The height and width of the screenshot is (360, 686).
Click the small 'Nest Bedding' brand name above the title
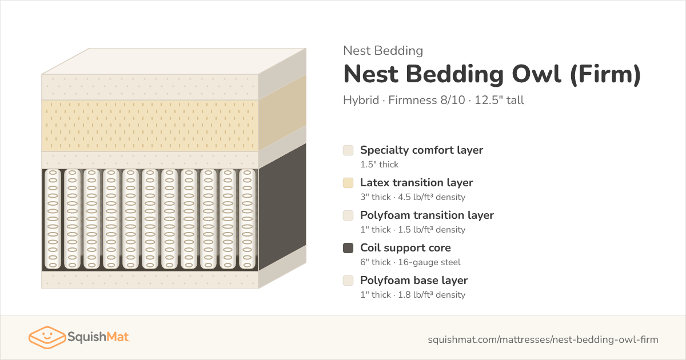[x=383, y=51]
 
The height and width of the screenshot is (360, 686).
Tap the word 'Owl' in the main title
[x=537, y=74]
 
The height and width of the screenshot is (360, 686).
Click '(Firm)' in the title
[x=605, y=74]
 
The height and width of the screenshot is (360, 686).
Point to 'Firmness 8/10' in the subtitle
[x=426, y=100]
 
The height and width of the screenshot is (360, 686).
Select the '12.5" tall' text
[x=499, y=100]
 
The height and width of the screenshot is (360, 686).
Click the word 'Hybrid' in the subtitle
[x=361, y=101]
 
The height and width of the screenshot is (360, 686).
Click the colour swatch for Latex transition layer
[x=348, y=183]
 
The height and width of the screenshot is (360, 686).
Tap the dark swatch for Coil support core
[x=348, y=248]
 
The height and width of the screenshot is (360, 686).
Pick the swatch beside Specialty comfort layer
[x=348, y=150]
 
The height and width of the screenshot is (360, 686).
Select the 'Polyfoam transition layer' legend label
[x=427, y=215]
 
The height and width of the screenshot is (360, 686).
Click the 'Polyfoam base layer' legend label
[x=414, y=281]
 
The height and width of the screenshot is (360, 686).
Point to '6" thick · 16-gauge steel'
[x=410, y=262]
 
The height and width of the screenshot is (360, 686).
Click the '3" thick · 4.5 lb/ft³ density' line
[x=413, y=197]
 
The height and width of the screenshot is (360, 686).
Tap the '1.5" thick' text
[x=379, y=165]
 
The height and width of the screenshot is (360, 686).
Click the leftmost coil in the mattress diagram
[x=53, y=219]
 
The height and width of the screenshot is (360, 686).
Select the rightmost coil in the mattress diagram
[x=247, y=219]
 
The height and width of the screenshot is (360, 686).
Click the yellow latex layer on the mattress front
[x=150, y=126]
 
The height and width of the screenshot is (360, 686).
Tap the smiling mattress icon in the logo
[x=47, y=337]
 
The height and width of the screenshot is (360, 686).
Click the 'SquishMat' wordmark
[x=98, y=337]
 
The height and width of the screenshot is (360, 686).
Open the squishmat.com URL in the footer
[x=543, y=339]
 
